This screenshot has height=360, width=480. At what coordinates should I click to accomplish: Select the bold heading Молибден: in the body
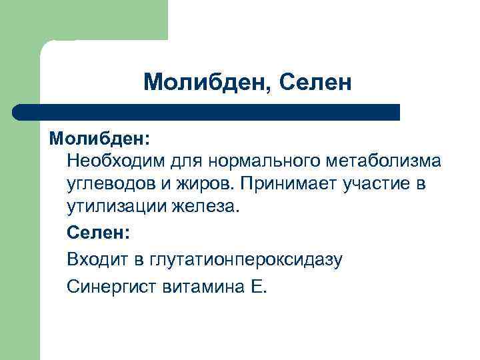click(99, 139)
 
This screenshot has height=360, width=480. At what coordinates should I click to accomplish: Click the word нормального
click(265, 161)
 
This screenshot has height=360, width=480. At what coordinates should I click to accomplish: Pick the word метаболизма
click(383, 161)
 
